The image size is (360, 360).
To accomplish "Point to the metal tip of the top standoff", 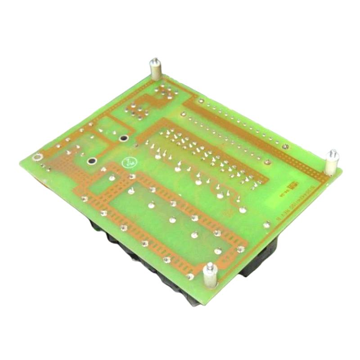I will (x=154, y=61).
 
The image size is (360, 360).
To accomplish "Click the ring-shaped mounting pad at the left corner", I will (x=38, y=157).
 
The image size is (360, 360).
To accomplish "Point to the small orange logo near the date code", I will (x=293, y=184).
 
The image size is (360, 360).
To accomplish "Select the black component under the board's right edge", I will (x=261, y=261).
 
